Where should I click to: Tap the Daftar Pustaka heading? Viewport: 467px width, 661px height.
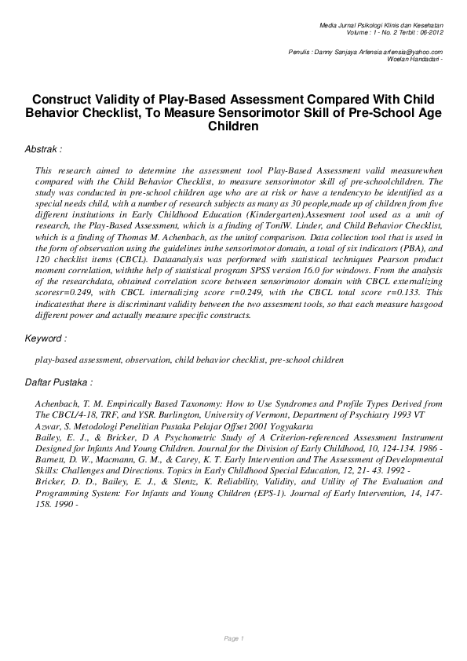59,382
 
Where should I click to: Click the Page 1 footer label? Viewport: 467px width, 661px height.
234,638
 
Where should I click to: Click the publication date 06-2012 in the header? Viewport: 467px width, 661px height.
431,35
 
